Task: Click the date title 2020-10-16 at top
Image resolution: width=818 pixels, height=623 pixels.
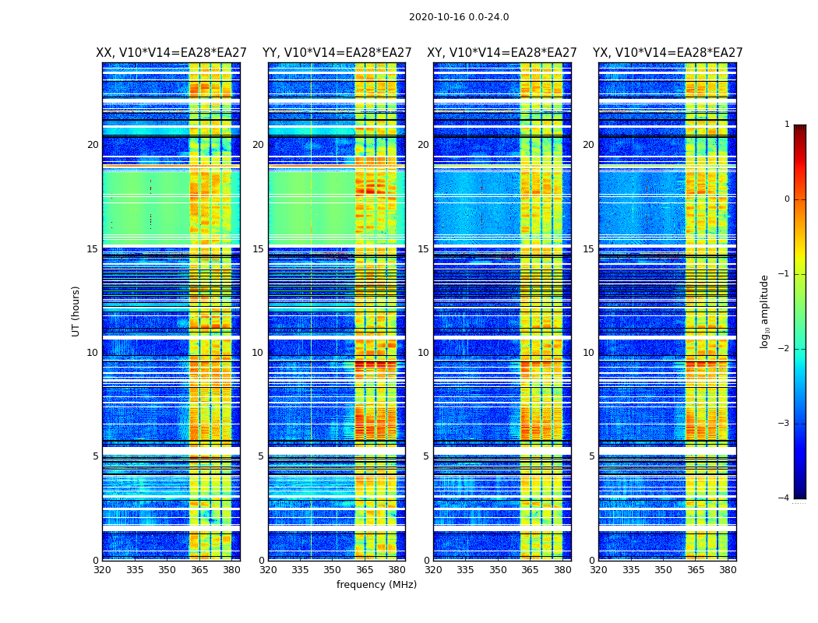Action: pyautogui.click(x=458, y=17)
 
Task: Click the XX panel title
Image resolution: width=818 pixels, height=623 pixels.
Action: pyautogui.click(x=171, y=53)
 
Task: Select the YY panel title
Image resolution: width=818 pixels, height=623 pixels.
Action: pyautogui.click(x=337, y=53)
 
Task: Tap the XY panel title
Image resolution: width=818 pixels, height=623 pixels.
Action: pyautogui.click(x=502, y=53)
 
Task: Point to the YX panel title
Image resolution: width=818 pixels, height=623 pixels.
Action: pyautogui.click(x=668, y=53)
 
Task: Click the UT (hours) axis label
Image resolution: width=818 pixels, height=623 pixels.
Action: pyautogui.click(x=76, y=311)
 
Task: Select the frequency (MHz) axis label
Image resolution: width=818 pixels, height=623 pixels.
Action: pyautogui.click(x=376, y=585)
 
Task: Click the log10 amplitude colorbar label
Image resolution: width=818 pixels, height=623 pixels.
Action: pyautogui.click(x=765, y=311)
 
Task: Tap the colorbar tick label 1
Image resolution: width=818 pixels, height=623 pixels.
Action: pyautogui.click(x=787, y=125)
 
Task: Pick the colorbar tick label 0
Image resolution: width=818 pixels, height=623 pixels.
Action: pyautogui.click(x=787, y=199)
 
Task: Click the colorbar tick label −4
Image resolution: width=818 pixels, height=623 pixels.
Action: pyautogui.click(x=785, y=498)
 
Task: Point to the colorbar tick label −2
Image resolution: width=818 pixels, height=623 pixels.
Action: pyautogui.click(x=785, y=349)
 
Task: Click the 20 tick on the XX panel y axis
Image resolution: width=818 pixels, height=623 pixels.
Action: pyautogui.click(x=93, y=145)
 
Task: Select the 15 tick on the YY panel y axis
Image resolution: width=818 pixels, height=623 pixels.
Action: pyautogui.click(x=258, y=249)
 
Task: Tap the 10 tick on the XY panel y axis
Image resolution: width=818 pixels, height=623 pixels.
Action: pyautogui.click(x=423, y=353)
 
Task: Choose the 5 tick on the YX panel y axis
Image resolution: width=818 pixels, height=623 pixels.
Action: pyautogui.click(x=591, y=456)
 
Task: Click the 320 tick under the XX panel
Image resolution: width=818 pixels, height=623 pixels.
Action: pyautogui.click(x=102, y=570)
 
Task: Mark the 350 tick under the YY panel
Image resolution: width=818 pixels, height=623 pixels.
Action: pyautogui.click(x=333, y=570)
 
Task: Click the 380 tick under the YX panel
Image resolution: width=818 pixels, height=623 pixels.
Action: pyautogui.click(x=728, y=570)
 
